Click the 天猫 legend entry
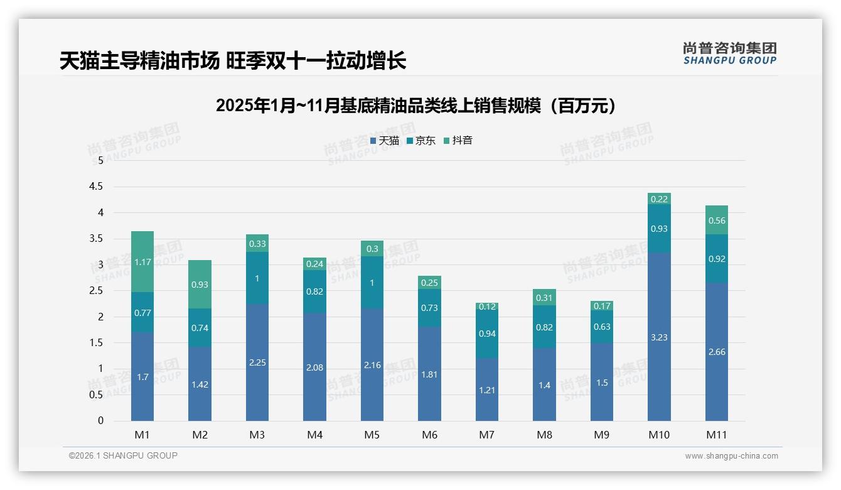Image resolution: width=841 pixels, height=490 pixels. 385,141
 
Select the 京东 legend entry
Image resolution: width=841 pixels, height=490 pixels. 421,141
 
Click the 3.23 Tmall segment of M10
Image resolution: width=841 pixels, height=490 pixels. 659,337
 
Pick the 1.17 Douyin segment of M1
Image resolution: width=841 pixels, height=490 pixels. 142,262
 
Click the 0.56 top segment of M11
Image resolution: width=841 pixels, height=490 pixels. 717,220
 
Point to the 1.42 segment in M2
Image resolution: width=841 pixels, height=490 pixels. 200,384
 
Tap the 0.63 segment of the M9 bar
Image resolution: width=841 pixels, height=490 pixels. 602,327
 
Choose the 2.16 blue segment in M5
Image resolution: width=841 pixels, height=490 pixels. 372,364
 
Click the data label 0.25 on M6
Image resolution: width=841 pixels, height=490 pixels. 430,283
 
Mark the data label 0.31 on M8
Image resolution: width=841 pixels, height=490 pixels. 544,298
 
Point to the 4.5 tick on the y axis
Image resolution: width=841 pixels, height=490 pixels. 96,187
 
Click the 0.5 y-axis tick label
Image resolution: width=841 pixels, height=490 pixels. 96,395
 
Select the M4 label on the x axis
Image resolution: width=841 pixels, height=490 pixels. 315,435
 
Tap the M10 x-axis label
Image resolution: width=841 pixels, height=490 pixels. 659,435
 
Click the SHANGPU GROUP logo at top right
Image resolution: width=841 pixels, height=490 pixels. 729,53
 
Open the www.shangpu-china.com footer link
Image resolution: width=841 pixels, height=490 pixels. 731,456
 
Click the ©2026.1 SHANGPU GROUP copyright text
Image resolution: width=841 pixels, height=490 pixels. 123,455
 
